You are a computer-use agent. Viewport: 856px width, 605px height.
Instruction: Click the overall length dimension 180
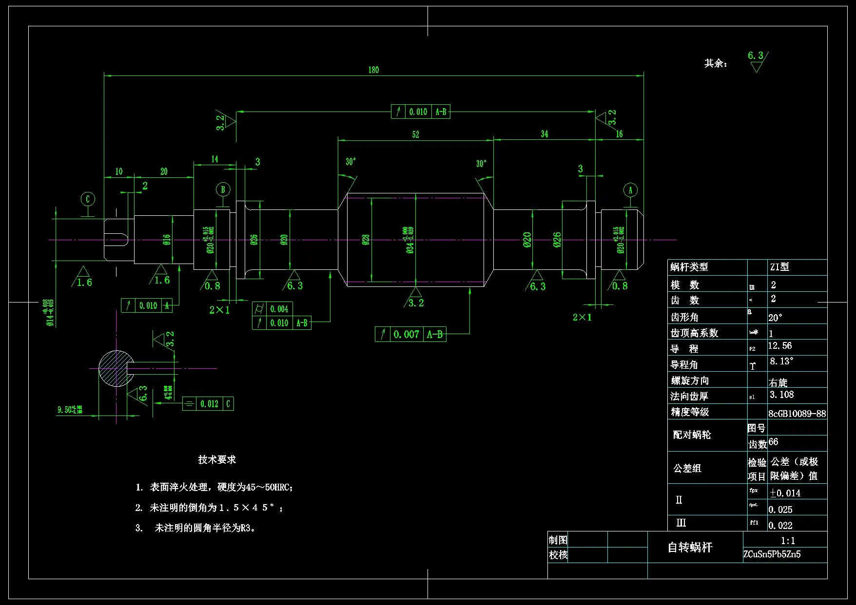373,70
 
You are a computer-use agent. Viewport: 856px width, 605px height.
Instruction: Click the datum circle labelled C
88,199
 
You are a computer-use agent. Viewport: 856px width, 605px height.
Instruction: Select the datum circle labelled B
223,189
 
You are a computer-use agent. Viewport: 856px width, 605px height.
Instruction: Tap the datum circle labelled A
630,190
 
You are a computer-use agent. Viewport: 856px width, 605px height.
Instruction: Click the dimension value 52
415,134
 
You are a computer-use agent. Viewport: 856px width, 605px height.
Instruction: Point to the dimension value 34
544,134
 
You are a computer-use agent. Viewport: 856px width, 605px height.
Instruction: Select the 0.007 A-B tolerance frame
410,334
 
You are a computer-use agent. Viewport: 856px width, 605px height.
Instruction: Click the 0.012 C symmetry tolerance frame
208,404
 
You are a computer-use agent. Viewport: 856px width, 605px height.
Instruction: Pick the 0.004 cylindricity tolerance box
272,309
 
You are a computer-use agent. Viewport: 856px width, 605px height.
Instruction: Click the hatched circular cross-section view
116,368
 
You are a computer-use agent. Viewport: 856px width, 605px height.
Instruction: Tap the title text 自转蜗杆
690,548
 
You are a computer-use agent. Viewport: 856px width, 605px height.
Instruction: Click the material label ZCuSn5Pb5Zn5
772,554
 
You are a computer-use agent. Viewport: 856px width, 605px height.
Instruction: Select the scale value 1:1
788,541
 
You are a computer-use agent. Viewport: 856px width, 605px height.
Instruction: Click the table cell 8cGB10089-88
797,414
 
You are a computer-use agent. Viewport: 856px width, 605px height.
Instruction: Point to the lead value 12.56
780,346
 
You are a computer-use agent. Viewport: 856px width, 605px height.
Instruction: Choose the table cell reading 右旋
778,382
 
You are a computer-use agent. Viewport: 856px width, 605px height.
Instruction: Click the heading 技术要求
217,459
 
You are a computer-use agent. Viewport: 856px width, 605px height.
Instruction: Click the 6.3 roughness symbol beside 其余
757,61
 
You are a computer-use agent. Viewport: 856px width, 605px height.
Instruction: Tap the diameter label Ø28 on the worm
366,240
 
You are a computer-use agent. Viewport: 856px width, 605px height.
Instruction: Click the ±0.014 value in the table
785,493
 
